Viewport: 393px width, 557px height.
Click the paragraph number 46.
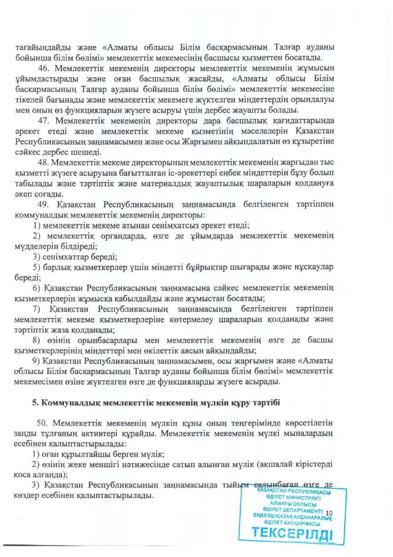(x=43, y=68)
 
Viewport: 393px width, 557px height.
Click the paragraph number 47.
(x=43, y=121)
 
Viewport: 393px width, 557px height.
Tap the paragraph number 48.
(x=42, y=163)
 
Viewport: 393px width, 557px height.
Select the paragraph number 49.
(x=43, y=204)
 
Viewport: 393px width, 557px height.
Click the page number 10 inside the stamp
(x=329, y=513)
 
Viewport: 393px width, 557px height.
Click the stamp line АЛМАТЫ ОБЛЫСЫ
(x=293, y=504)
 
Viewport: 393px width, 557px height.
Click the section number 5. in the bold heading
(x=35, y=403)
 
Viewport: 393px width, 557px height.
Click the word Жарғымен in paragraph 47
(x=202, y=142)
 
